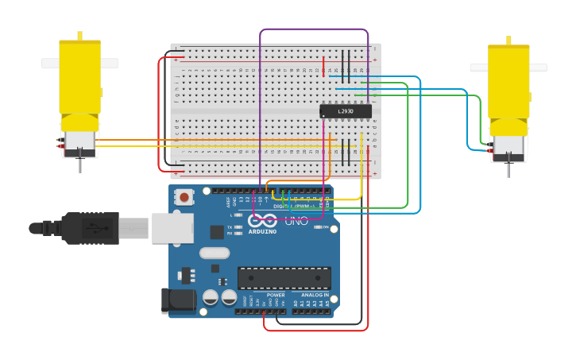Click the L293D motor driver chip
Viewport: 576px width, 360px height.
(x=345, y=111)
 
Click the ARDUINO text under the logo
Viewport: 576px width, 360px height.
(x=262, y=231)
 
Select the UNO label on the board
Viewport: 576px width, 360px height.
(x=296, y=221)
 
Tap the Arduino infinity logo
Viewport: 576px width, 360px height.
(x=262, y=221)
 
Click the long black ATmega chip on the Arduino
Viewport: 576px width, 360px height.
(x=284, y=278)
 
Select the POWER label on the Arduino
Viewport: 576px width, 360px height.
(x=276, y=295)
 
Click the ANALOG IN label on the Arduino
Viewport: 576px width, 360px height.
(x=314, y=295)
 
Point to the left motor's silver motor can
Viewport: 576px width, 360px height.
(x=79, y=142)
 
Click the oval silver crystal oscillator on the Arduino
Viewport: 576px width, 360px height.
(x=215, y=254)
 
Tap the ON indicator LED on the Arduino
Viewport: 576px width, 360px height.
(x=317, y=226)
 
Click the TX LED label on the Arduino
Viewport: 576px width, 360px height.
(x=230, y=227)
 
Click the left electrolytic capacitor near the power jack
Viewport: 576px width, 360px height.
(x=211, y=297)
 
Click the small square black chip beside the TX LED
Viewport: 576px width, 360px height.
(x=217, y=232)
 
